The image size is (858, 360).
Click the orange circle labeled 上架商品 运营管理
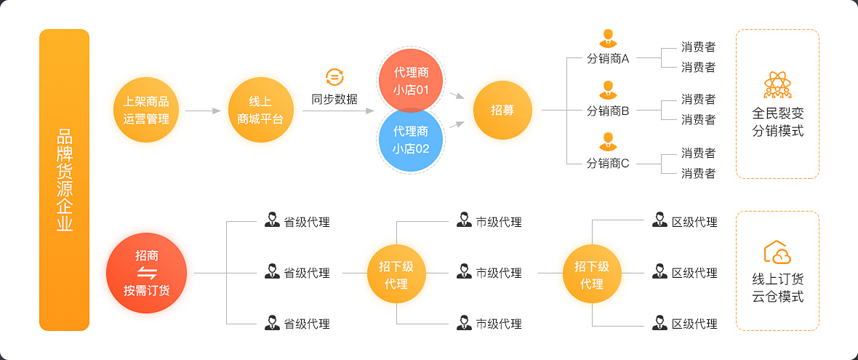[146, 110]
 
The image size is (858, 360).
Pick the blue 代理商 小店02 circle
[410, 140]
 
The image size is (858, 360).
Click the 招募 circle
[502, 110]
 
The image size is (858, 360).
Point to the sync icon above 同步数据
[334, 76]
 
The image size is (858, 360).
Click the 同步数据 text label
[334, 99]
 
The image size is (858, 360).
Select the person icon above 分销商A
[607, 38]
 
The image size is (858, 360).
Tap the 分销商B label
[608, 111]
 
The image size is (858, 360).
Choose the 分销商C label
[608, 163]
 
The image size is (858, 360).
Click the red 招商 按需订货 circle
[146, 273]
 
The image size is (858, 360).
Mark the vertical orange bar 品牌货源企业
[65, 180]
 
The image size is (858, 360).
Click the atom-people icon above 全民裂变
[777, 84]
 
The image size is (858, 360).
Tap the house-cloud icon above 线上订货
[777, 252]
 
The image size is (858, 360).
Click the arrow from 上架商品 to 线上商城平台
[203, 111]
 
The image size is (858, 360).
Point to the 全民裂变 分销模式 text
[778, 123]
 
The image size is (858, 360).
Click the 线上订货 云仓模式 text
[778, 288]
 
